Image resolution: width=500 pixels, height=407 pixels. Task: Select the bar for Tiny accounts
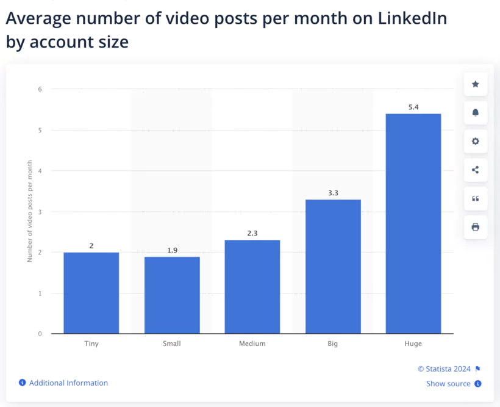[91, 293]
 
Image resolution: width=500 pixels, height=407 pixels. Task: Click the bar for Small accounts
[172, 295]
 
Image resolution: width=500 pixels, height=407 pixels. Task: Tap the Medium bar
[252, 287]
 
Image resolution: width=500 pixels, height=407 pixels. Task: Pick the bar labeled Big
[333, 267]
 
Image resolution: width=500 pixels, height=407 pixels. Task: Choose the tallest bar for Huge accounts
[413, 223]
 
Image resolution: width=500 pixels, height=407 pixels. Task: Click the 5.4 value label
[413, 107]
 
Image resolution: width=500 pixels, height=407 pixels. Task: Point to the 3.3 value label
[333, 193]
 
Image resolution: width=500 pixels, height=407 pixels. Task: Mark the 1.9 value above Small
[172, 250]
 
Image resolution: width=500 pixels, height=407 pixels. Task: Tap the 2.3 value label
[252, 234]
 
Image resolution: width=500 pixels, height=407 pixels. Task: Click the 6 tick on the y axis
[40, 89]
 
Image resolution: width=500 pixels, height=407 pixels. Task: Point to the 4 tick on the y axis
[40, 171]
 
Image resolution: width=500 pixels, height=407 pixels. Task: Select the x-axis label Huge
[413, 344]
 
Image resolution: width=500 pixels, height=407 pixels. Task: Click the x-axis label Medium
[252, 344]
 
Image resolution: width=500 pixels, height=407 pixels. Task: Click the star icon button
[476, 84]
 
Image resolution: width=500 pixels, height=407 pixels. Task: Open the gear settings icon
[476, 142]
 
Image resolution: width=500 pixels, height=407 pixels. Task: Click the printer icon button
[476, 227]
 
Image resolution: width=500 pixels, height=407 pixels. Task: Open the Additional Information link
[68, 383]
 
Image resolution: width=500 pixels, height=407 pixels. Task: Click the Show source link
[449, 384]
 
